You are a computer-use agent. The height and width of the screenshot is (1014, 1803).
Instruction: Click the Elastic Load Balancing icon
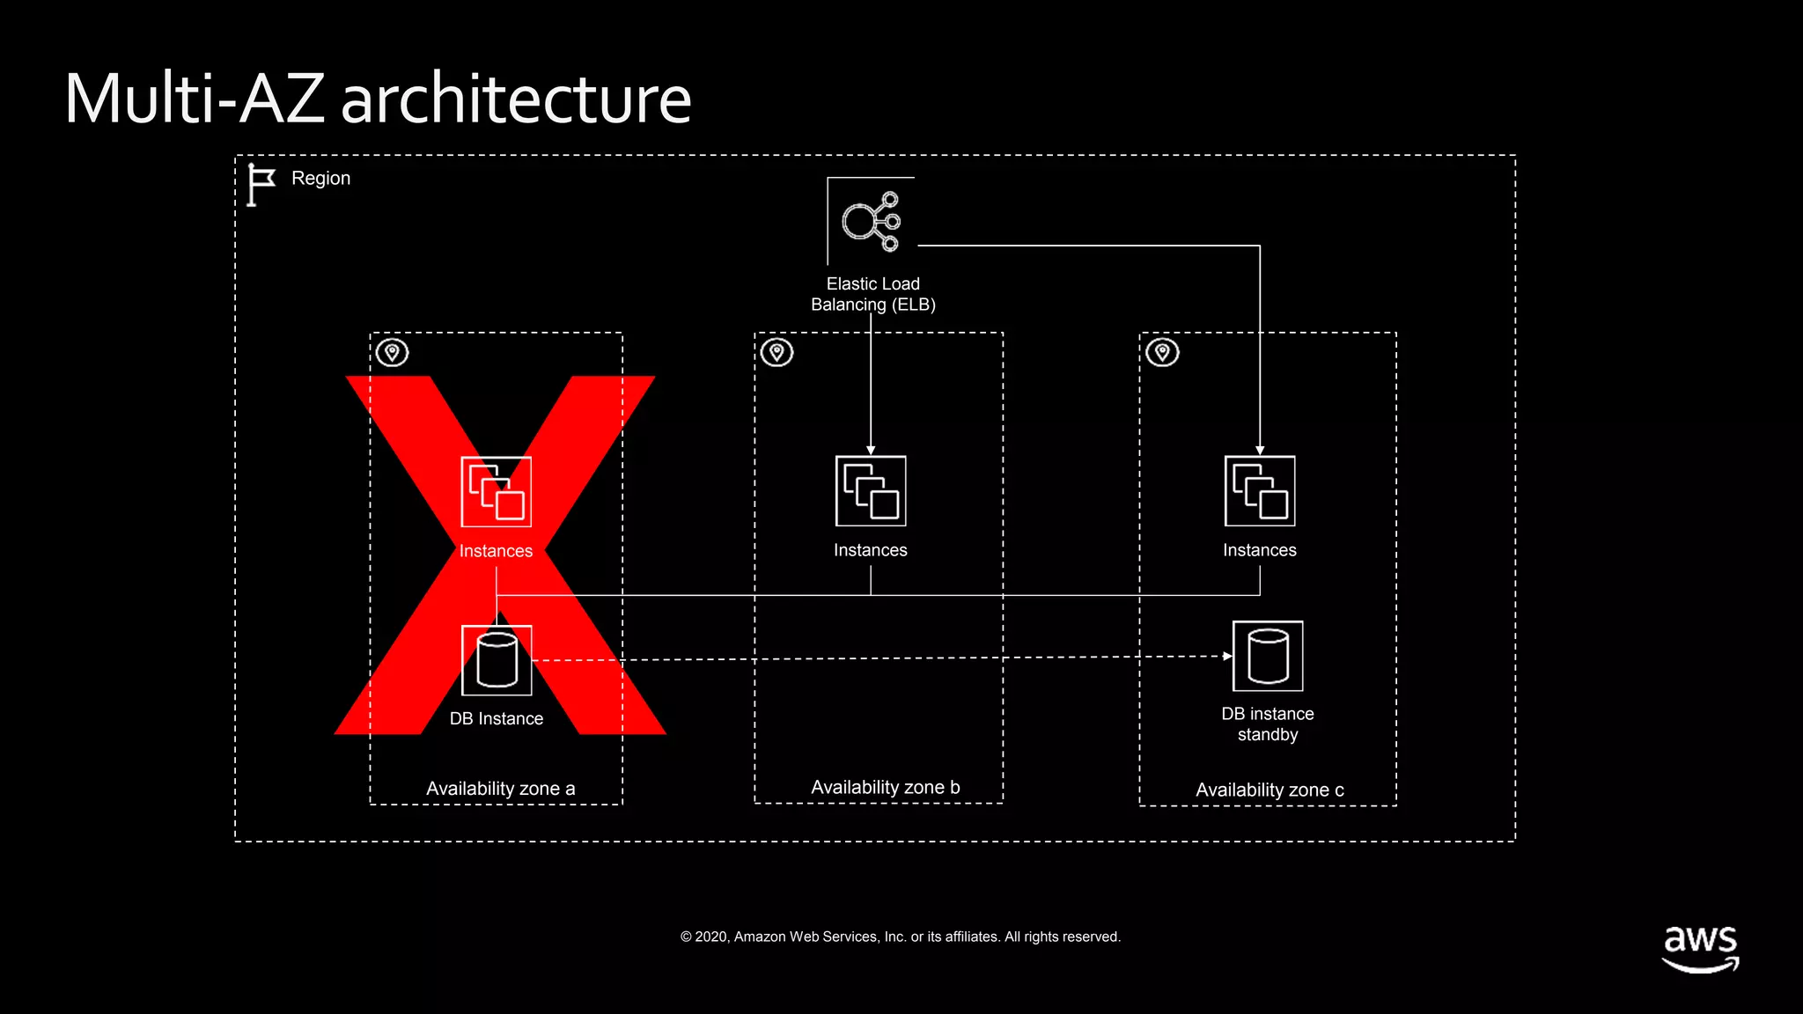coord(871,221)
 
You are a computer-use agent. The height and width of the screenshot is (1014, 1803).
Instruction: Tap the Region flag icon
coord(261,185)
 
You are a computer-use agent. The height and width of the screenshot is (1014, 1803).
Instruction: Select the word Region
coord(320,179)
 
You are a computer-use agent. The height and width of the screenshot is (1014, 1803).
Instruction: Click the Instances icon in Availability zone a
coord(497,491)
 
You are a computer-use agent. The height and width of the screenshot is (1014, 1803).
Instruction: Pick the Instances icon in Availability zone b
coord(871,490)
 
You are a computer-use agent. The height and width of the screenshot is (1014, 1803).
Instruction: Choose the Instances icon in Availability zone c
coord(1260,490)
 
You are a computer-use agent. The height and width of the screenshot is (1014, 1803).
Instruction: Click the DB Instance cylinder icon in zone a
coord(497,660)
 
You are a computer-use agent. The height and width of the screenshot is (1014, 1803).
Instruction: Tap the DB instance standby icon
coord(1268,656)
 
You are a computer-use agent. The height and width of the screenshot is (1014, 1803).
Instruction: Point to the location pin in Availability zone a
coord(393,353)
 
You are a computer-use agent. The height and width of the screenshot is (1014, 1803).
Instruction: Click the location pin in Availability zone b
coord(776,353)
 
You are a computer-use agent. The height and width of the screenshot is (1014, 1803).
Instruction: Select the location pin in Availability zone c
coord(1162,353)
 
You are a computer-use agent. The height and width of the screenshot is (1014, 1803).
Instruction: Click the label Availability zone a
coord(500,789)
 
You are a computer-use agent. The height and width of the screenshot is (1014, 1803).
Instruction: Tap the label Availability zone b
coord(885,787)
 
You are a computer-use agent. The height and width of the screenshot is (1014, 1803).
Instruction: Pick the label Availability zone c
coord(1269,790)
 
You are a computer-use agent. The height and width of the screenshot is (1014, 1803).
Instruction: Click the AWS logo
coord(1700,948)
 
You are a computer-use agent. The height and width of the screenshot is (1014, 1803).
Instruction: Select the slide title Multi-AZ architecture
coord(378,99)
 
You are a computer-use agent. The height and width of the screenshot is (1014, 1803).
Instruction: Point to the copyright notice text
coord(901,937)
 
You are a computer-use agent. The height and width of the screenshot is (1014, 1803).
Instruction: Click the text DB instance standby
coord(1268,724)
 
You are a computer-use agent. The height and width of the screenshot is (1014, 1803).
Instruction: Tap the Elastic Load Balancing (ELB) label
coord(872,294)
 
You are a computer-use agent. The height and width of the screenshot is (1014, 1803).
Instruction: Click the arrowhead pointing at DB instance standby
coord(1228,656)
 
